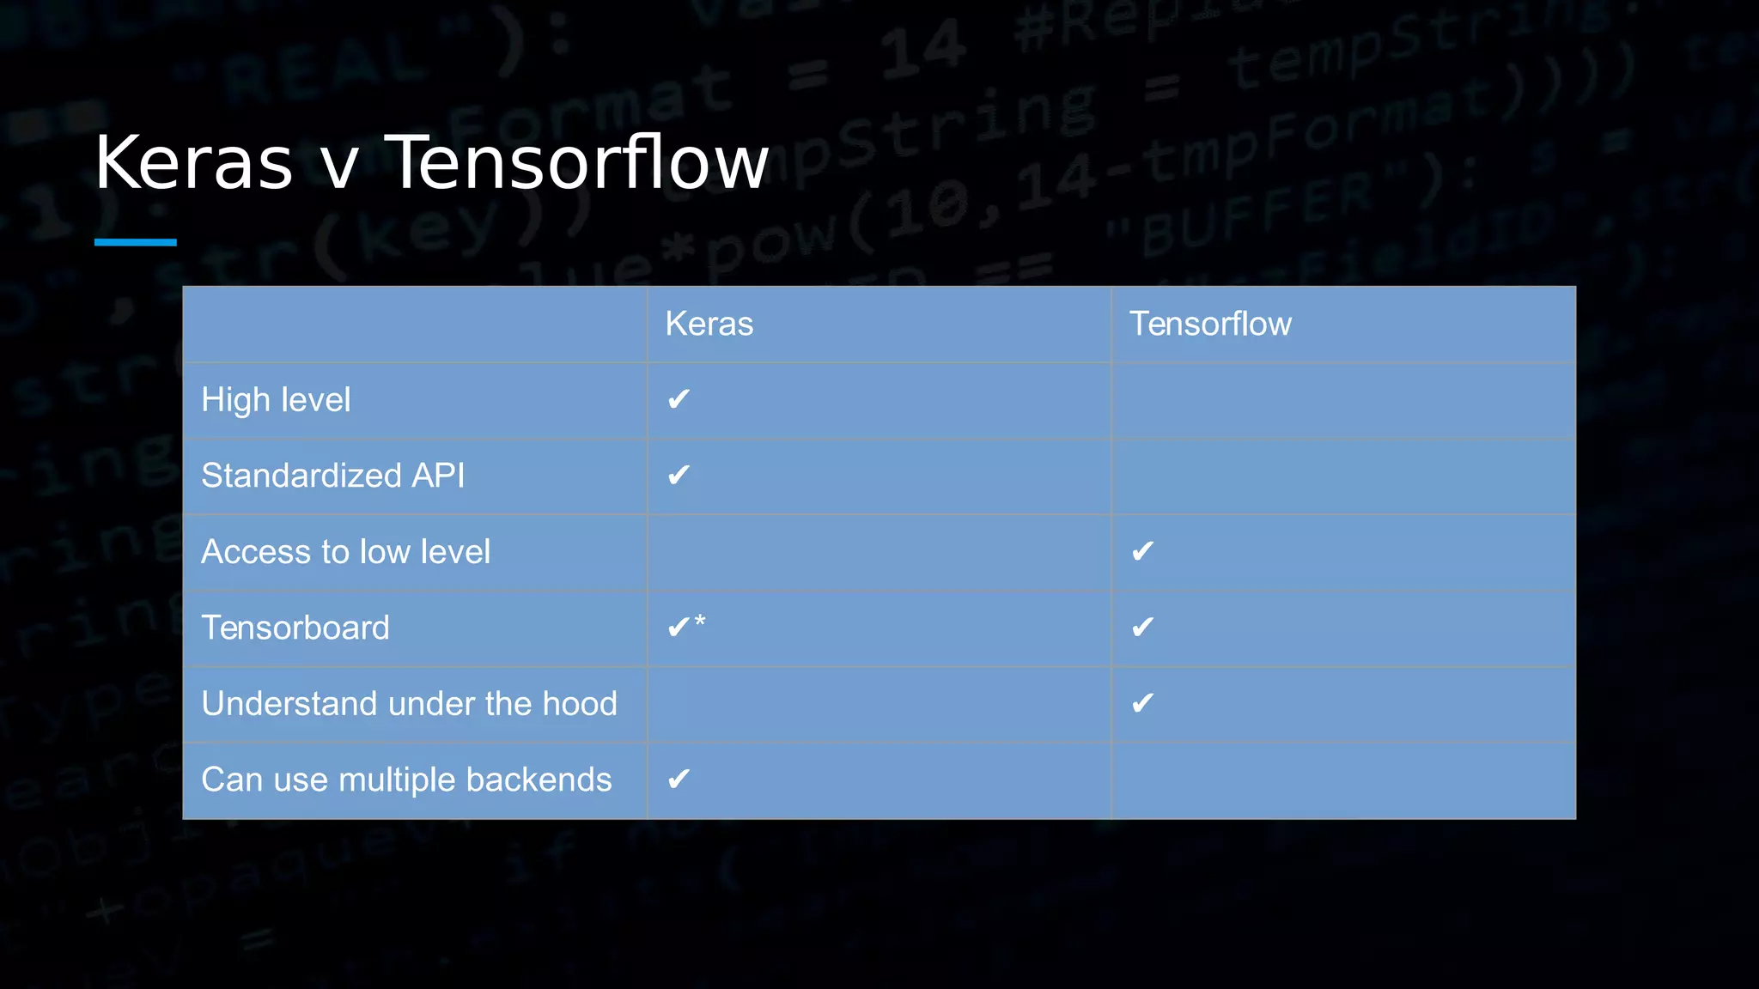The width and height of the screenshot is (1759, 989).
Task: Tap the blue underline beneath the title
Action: [136, 242]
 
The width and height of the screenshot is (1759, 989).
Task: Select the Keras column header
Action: [709, 325]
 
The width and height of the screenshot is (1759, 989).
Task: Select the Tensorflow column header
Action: [1209, 325]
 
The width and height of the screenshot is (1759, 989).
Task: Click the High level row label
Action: [276, 400]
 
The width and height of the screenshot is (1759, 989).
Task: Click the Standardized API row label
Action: [332, 476]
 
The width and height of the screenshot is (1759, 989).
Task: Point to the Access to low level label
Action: [345, 552]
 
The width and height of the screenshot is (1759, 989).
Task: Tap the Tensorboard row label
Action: [295, 628]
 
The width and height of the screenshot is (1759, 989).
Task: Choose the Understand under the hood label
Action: [409, 704]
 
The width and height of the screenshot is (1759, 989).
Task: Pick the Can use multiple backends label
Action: [406, 780]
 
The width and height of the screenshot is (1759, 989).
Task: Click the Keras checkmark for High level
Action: [679, 399]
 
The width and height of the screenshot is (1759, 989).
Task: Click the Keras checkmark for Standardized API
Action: [679, 475]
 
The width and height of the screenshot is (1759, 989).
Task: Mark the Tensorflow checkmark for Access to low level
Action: [1142, 551]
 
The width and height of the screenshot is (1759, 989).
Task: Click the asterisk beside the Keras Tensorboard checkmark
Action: [700, 621]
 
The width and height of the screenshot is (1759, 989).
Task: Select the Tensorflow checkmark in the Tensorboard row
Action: [1142, 628]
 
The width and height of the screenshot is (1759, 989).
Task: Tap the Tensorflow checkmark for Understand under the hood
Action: [1142, 703]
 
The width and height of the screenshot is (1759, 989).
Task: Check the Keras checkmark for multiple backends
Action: [679, 779]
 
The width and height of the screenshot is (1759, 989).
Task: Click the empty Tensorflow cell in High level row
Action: [1343, 400]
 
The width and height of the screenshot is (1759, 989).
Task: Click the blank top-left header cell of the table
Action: [415, 325]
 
